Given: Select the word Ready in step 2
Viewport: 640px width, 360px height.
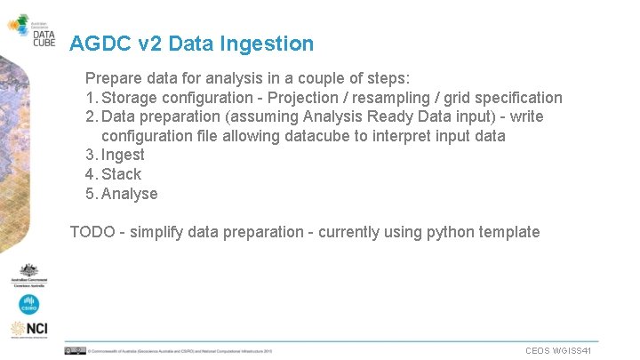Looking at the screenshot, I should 384,117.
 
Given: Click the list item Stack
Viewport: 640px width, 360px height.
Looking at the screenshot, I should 121,174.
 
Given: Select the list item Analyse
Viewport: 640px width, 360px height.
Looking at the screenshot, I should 129,194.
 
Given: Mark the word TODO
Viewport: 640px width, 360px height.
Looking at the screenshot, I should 92,232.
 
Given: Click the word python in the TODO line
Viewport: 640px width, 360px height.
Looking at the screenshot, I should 452,232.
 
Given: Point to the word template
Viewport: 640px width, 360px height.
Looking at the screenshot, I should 508,232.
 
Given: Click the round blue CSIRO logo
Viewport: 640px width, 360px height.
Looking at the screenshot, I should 29,304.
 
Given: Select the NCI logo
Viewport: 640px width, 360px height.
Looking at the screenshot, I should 29,330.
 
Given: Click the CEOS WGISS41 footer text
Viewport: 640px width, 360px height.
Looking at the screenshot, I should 558,351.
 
